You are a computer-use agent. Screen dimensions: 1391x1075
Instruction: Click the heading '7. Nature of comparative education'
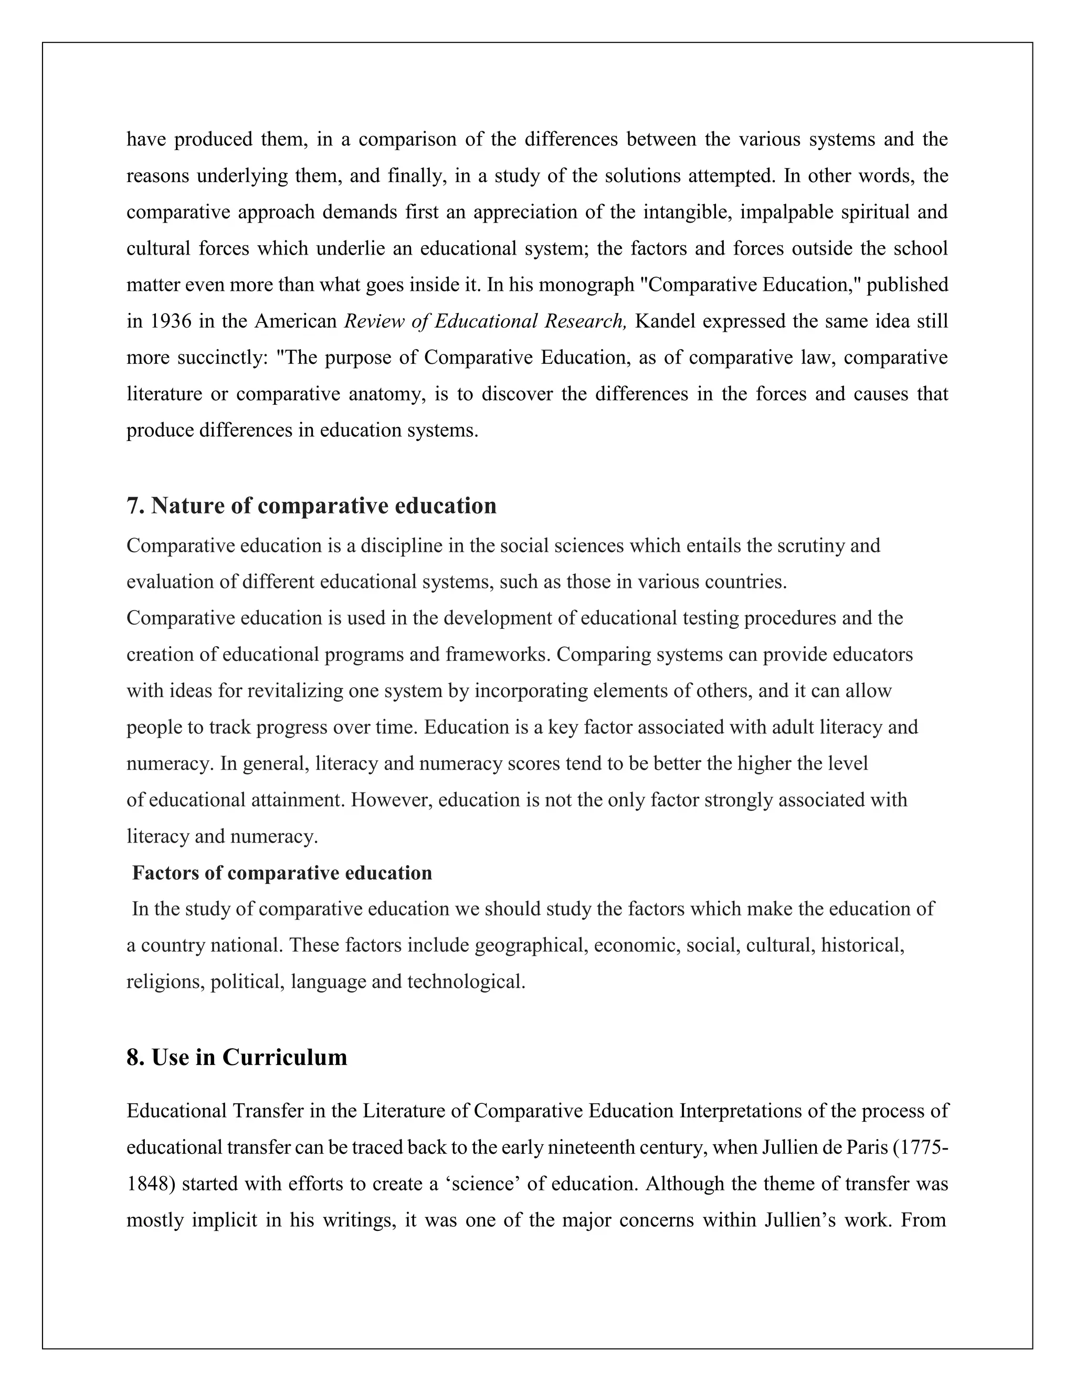point(311,505)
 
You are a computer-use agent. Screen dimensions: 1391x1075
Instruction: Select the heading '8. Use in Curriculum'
point(237,1057)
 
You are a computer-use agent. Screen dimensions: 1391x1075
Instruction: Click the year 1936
point(171,321)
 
